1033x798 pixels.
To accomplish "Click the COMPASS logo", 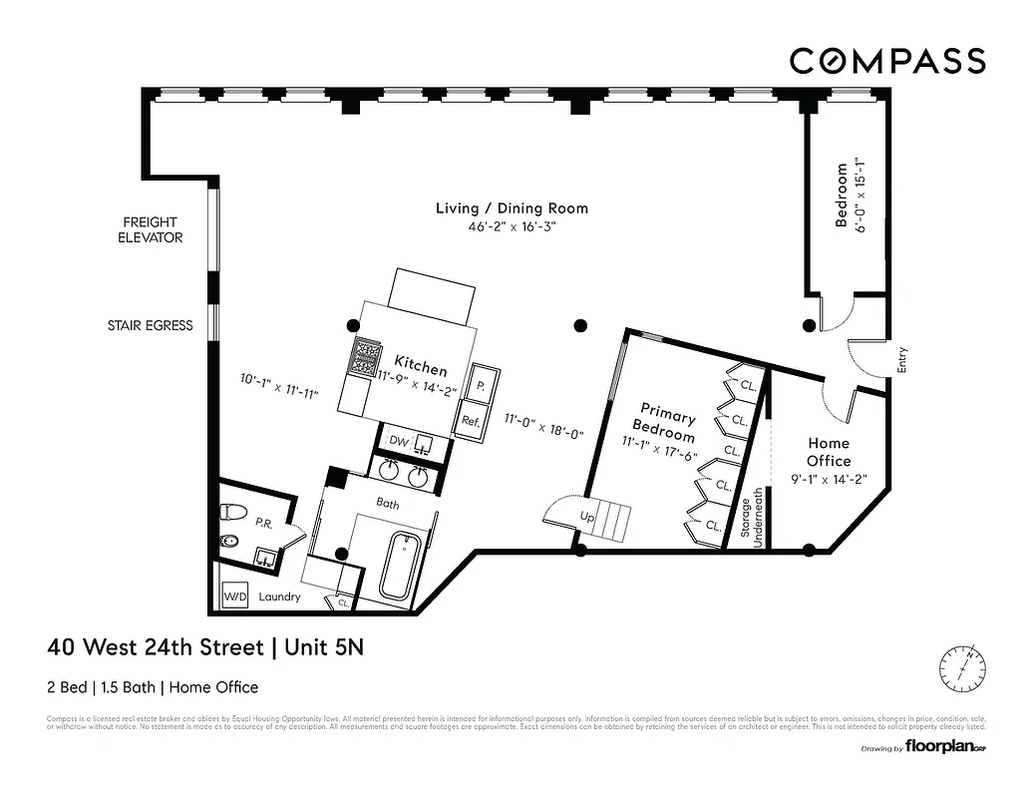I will coord(887,61).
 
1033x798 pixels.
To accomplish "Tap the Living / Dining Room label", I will coord(512,208).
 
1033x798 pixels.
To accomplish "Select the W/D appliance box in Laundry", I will coord(235,597).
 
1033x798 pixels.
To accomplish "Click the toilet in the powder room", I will coord(233,512).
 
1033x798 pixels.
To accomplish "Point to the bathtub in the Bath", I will coord(404,567).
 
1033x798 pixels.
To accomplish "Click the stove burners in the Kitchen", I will coord(366,356).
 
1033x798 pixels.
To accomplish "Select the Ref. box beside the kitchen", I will coord(471,421).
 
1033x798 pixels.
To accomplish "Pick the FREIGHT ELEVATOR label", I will coord(151,229).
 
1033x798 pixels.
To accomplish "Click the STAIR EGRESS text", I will coord(151,325).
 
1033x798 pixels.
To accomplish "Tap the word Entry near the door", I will coord(902,359).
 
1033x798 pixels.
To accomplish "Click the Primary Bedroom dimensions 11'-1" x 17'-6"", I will coord(657,450).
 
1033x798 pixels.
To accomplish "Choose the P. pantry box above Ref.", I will coord(481,384).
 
